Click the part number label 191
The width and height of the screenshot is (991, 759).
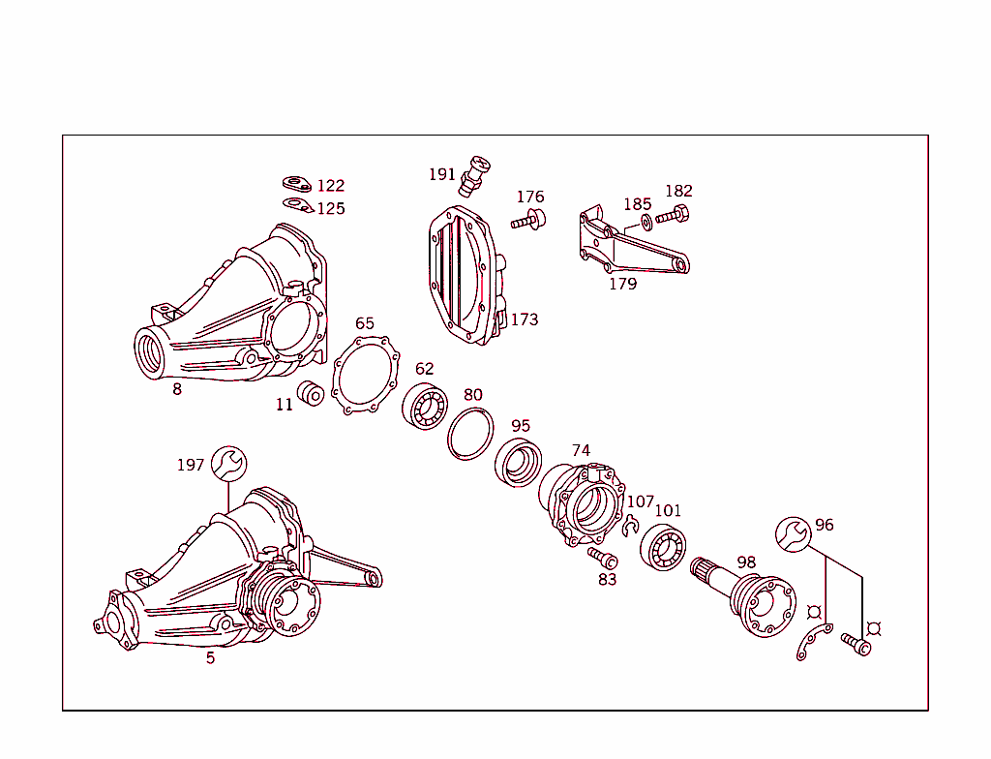pos(441,174)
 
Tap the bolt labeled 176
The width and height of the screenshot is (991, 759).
pos(528,221)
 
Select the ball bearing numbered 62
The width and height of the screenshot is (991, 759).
pos(424,406)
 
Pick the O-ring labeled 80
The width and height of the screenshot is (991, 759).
pos(470,433)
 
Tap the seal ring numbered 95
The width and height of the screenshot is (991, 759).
pos(519,461)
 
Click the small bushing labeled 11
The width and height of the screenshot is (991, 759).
pos(311,395)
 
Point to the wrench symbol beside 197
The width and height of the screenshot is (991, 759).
pos(228,464)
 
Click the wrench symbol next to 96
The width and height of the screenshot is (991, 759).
pos(793,533)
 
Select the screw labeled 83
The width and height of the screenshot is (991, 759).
pos(601,559)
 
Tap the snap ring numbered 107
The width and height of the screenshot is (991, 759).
pos(630,525)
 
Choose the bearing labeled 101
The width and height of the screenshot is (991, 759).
pos(664,547)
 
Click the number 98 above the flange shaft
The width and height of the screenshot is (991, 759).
pos(746,562)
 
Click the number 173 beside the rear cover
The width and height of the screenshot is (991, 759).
pos(525,319)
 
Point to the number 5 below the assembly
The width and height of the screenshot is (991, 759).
pos(210,658)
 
